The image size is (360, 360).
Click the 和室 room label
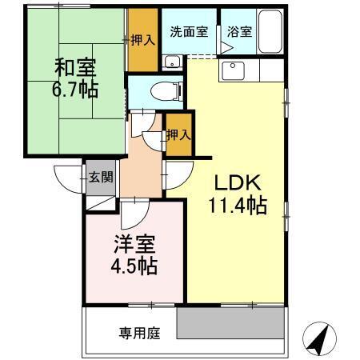(77, 67)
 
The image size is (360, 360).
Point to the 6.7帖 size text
(77, 88)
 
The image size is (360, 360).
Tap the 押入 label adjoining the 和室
(143, 40)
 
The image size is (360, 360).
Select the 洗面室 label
(189, 33)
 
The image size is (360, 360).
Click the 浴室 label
(238, 33)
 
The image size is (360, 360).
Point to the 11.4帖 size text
(237, 205)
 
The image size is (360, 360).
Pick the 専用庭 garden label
(140, 332)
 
